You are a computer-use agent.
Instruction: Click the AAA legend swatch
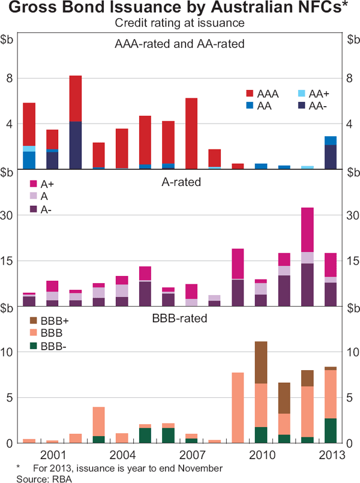pos(250,94)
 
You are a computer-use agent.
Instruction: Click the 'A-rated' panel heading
pos(180,182)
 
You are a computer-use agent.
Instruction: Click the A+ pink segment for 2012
pos(307,230)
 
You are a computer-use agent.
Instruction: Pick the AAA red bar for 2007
pos(191,133)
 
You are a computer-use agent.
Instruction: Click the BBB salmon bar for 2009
pos(238,407)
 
